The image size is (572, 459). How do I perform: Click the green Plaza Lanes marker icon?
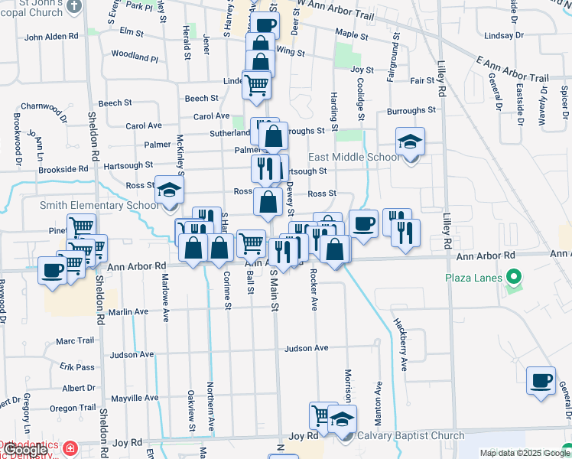point(514,277)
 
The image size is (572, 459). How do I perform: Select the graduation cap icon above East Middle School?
point(411,142)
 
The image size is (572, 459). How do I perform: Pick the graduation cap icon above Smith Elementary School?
point(169,190)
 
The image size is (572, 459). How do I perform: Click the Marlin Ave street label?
point(128,312)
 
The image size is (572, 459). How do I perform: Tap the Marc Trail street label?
point(75,341)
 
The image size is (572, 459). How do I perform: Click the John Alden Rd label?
point(51,37)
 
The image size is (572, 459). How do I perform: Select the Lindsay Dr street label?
point(503,35)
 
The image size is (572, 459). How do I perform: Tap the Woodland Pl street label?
point(134,56)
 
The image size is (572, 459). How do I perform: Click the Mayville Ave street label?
point(135,399)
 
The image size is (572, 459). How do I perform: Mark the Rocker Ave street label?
point(314,291)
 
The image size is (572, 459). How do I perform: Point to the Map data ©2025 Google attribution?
point(524,453)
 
